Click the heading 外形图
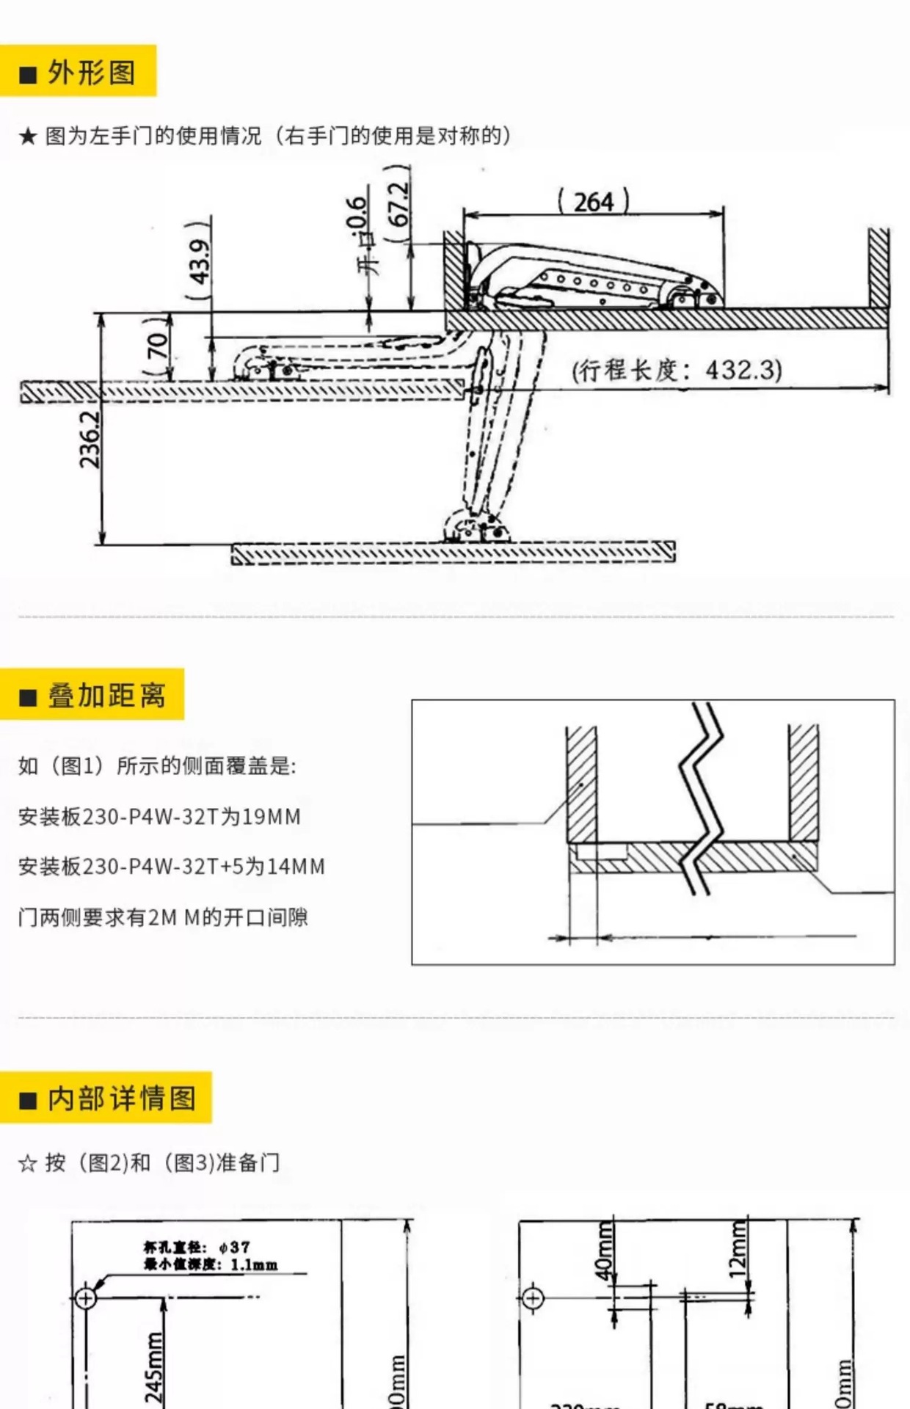click(x=91, y=73)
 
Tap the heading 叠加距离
click(x=106, y=695)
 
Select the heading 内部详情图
click(x=121, y=1099)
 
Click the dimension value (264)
click(x=594, y=202)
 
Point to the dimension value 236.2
click(x=90, y=439)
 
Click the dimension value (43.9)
click(x=199, y=261)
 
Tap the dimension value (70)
click(x=158, y=346)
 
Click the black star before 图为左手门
click(x=28, y=136)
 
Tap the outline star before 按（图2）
click(x=28, y=1163)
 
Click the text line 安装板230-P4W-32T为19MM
click(x=159, y=817)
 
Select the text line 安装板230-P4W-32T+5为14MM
click(x=171, y=867)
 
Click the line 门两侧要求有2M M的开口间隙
click(x=163, y=917)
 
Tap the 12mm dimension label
click(x=739, y=1250)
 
